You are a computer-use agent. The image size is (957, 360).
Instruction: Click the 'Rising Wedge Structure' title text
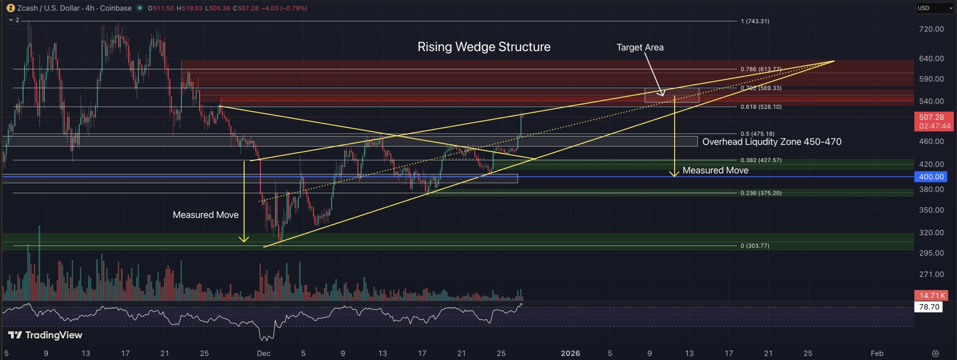tap(484, 47)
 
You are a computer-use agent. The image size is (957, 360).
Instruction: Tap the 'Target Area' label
tap(640, 47)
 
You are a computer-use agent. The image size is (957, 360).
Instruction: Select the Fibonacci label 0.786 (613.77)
tap(761, 69)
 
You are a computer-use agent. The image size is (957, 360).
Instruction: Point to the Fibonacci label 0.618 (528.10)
tap(761, 107)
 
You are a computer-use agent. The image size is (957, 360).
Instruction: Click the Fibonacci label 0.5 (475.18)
tap(757, 134)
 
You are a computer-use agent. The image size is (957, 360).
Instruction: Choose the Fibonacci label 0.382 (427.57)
tap(761, 160)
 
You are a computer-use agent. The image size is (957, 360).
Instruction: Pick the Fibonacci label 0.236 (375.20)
tap(761, 193)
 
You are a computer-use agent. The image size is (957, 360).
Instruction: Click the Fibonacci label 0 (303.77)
tap(755, 246)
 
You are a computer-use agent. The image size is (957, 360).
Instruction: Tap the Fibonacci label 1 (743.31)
tap(755, 21)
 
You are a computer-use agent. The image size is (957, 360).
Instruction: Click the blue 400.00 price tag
tap(931, 177)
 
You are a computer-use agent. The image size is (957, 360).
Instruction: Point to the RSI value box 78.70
tap(929, 307)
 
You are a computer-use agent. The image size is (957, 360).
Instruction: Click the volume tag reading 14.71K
tap(932, 295)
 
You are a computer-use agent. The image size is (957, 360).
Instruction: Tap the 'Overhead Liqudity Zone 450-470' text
tap(772, 142)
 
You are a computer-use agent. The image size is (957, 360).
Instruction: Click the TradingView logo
tap(45, 335)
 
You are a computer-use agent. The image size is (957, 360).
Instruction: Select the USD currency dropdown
tap(934, 8)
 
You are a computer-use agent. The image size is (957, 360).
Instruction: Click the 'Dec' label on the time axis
tap(264, 353)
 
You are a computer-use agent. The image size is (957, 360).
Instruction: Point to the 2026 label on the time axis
tap(570, 353)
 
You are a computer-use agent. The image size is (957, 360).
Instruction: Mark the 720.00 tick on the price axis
tap(931, 29)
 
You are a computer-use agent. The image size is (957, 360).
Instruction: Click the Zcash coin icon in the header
tap(10, 8)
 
